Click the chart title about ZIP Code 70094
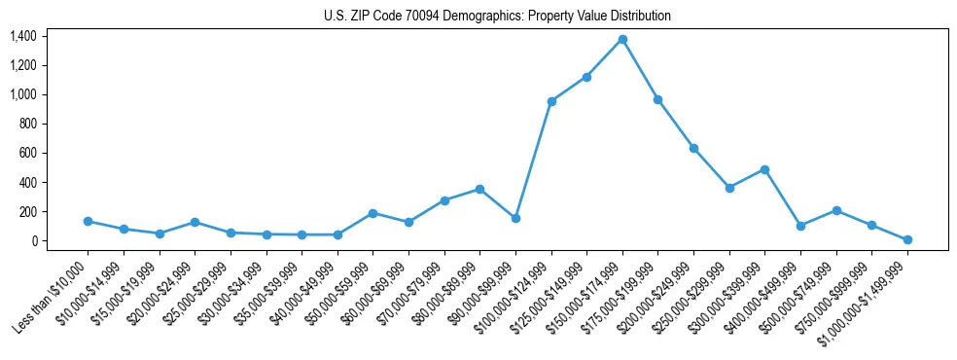click(497, 16)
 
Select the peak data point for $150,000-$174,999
click(622, 39)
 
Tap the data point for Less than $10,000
click(88, 221)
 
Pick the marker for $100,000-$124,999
click(551, 101)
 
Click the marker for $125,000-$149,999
click(586, 77)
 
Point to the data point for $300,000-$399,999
click(764, 169)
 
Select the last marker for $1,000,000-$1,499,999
click(907, 239)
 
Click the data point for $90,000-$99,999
click(515, 218)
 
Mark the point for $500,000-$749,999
click(836, 210)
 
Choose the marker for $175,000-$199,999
click(658, 99)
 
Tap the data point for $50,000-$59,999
click(372, 213)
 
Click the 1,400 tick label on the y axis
click(22, 36)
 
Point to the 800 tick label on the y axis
click(27, 124)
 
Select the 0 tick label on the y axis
click(33, 240)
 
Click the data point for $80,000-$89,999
click(479, 189)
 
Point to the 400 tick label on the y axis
click(27, 182)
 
